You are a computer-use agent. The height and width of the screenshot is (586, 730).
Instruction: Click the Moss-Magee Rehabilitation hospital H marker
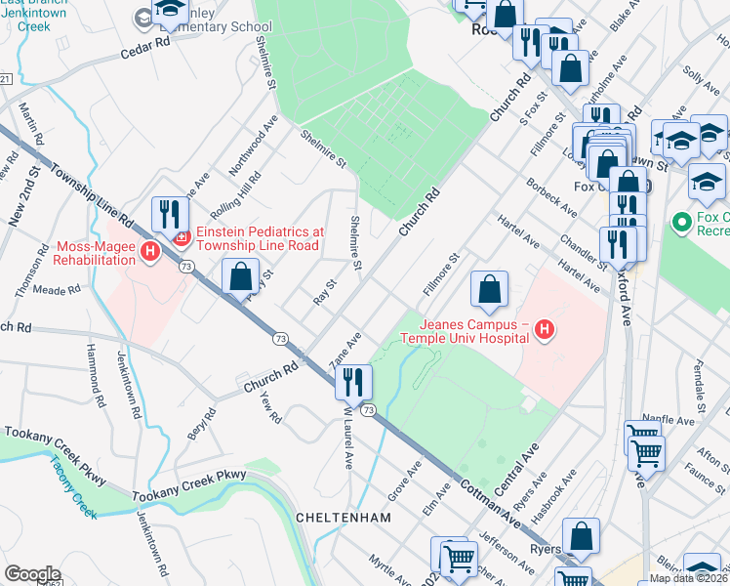[x=149, y=253]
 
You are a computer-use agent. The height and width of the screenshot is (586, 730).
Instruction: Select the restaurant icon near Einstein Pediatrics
[x=170, y=214]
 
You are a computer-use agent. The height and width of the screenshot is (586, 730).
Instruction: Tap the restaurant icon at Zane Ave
[x=353, y=381]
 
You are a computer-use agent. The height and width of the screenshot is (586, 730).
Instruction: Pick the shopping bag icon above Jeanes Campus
[x=489, y=289]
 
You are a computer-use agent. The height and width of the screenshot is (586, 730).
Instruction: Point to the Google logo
[x=32, y=574]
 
